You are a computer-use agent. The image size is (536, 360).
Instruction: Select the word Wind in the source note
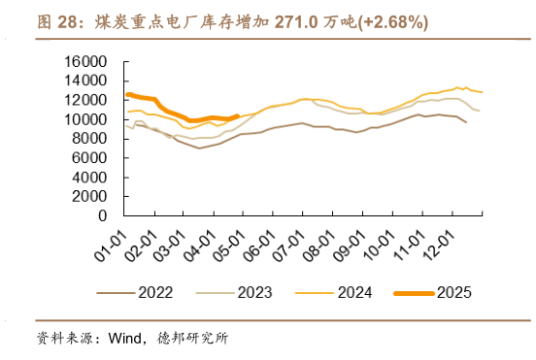(124, 339)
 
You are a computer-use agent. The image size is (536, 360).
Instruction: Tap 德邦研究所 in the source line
(193, 339)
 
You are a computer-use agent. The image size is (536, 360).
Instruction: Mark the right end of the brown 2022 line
(467, 122)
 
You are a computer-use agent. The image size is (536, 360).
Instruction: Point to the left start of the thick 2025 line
(127, 94)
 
